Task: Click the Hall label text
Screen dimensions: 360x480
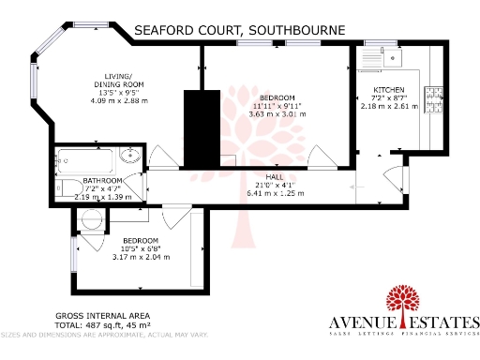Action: coord(275,176)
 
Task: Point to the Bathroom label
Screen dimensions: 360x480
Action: coord(102,180)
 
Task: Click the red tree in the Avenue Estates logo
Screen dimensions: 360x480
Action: coord(405,303)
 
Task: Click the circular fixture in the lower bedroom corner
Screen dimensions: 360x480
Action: coord(92,219)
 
